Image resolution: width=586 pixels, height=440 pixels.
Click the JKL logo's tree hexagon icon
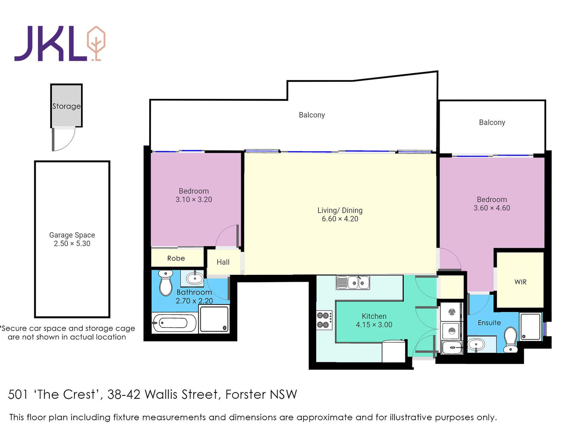[96, 43]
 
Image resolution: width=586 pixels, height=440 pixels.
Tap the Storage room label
[66, 106]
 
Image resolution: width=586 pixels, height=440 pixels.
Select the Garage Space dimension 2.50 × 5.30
[72, 244]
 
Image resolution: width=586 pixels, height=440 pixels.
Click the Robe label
[176, 258]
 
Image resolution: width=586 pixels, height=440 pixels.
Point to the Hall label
[223, 262]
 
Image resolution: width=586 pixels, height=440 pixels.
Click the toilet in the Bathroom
[166, 283]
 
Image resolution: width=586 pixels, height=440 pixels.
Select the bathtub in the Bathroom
[175, 323]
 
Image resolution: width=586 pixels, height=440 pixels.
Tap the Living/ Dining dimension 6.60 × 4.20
[340, 219]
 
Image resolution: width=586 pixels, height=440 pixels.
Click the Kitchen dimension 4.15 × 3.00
[374, 325]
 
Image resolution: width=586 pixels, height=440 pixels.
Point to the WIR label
[521, 282]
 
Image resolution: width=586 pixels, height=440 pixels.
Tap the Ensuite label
[489, 323]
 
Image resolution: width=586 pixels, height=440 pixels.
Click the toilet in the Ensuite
[510, 340]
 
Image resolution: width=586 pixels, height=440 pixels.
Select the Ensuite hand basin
[476, 345]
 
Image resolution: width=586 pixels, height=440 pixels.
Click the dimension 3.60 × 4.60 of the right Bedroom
[492, 208]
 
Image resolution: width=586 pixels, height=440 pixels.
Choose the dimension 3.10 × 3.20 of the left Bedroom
[194, 200]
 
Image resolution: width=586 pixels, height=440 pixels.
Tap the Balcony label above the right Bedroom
[492, 123]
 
